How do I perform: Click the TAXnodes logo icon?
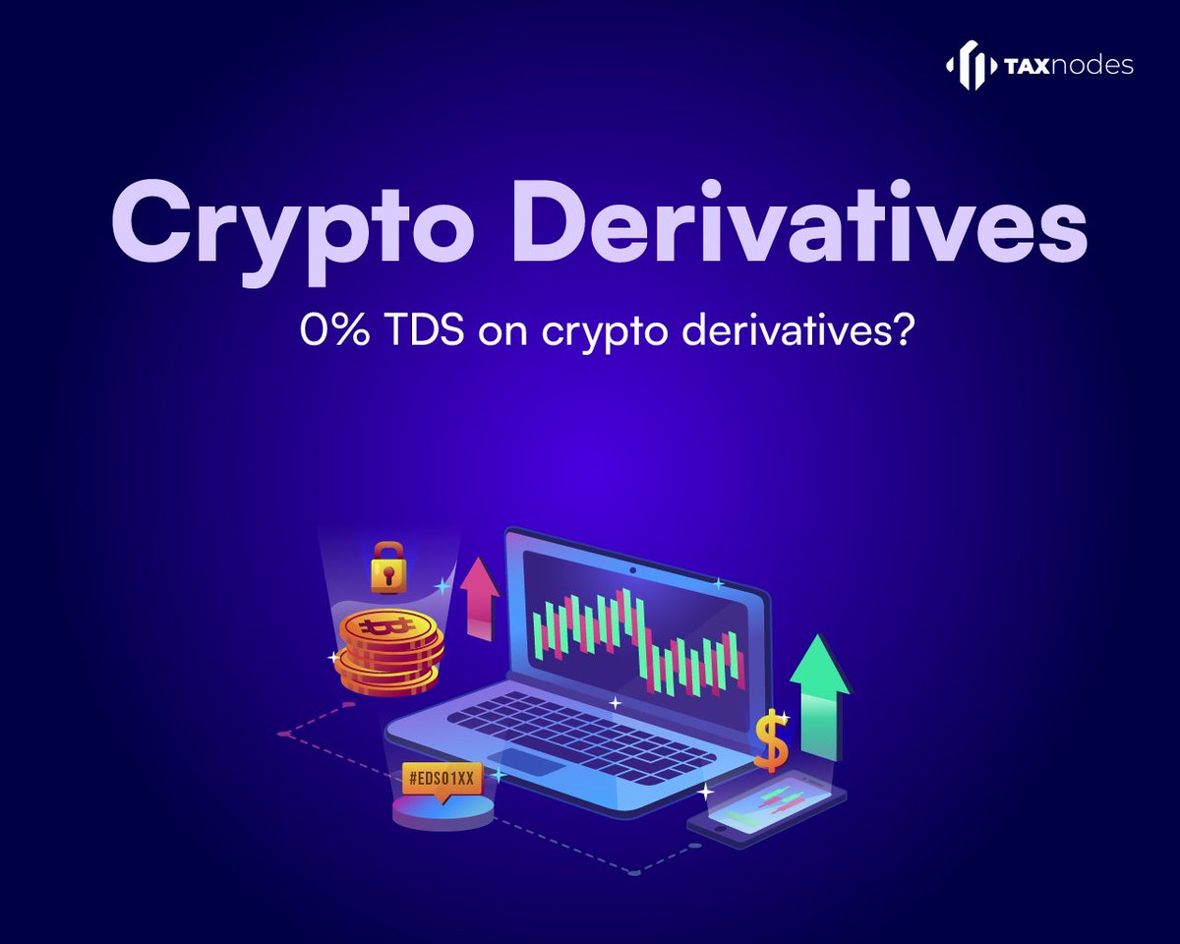pyautogui.click(x=970, y=65)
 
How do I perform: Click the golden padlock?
pyautogui.click(x=388, y=568)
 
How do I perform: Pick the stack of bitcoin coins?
pyautogui.click(x=387, y=650)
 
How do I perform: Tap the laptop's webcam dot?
pyautogui.click(x=631, y=569)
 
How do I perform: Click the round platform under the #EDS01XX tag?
pyautogui.click(x=442, y=810)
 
